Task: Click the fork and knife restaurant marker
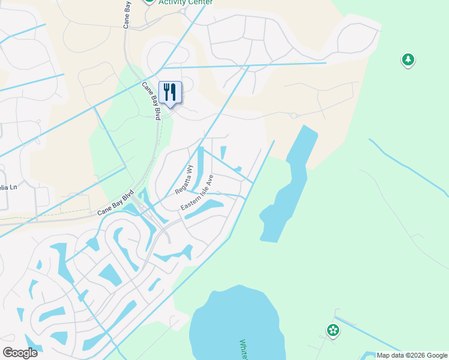(170, 92)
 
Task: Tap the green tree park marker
(408, 59)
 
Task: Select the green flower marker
(333, 330)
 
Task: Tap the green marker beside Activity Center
(149, 2)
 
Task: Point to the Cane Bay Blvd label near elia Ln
(115, 205)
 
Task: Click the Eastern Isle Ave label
(197, 193)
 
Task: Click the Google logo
(20, 352)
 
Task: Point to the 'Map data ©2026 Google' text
(411, 355)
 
